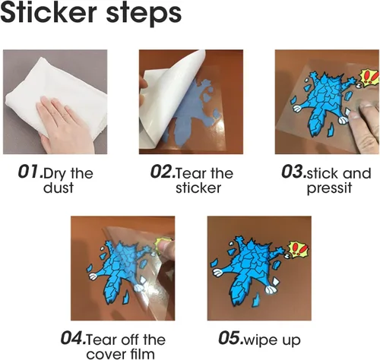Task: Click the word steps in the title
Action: (144, 14)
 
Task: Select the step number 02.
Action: (163, 172)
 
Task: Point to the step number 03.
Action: (294, 172)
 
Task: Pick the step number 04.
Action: (74, 337)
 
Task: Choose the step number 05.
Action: (231, 337)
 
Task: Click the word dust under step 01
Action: (59, 188)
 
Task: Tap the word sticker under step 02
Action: (198, 188)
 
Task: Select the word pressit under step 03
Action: (329, 188)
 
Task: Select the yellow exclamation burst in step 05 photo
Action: (299, 249)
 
